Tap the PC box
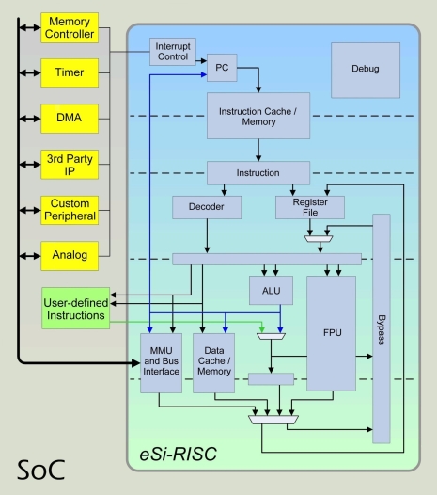tap(223, 69)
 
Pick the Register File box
tap(310, 207)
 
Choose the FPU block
tap(331, 332)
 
